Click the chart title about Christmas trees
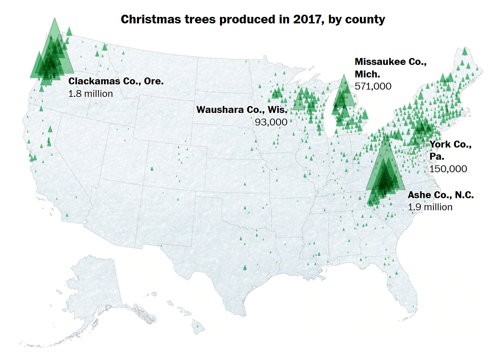coord(253,19)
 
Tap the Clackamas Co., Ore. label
coord(116,81)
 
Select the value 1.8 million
coord(90,93)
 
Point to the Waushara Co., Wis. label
coord(242,109)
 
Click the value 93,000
coord(271,122)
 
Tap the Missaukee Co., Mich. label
coord(390,62)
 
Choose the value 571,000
coord(373,86)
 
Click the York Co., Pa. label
coord(450,145)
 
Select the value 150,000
coord(448,169)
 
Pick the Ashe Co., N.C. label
coord(441,195)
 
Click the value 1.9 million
coord(430,207)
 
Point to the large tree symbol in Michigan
coord(344,92)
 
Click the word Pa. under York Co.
coord(437,156)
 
